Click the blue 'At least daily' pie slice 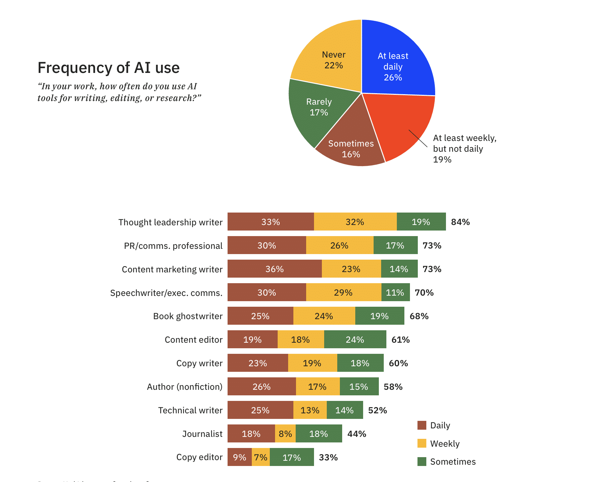point(396,62)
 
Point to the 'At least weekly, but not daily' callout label point(464,148)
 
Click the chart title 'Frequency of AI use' point(108,68)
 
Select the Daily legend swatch point(422,425)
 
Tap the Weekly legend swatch point(422,443)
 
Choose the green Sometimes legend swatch point(422,461)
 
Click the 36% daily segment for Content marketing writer point(274,269)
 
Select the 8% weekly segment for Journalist point(285,434)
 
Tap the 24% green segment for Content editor point(355,339)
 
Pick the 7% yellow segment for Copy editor point(261,457)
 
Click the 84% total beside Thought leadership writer point(460,222)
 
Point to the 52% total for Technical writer point(377,410)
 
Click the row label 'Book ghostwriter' point(188,316)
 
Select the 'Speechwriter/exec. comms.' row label point(166,292)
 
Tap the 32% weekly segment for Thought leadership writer point(355,222)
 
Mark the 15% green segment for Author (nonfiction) point(359,387)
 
